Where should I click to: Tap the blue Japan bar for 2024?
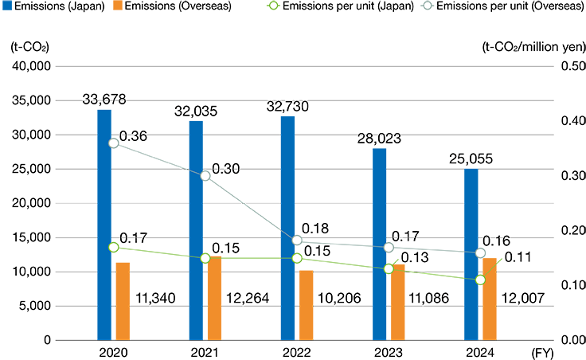471,254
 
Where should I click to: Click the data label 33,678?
104,100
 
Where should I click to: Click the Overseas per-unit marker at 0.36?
114,143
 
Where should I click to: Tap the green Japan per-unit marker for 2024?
480,280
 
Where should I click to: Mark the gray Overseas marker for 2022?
297,240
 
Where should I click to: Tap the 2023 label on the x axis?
389,352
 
